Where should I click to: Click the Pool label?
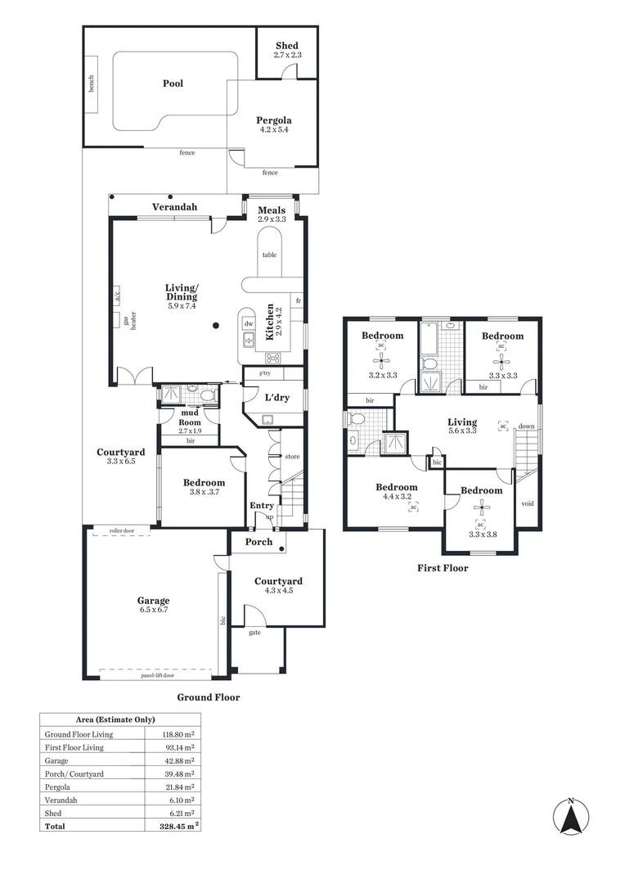[173, 83]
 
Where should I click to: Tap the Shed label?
[286, 46]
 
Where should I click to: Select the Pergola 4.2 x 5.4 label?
[273, 124]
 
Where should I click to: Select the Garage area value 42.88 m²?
[178, 760]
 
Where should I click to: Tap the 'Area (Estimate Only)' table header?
[120, 720]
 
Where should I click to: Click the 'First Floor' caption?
[443, 567]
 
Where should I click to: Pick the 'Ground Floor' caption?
[209, 697]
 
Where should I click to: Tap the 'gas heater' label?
[129, 320]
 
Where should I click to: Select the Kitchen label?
[270, 322]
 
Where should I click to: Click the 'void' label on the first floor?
[528, 503]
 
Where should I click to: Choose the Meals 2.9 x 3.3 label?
[272, 214]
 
